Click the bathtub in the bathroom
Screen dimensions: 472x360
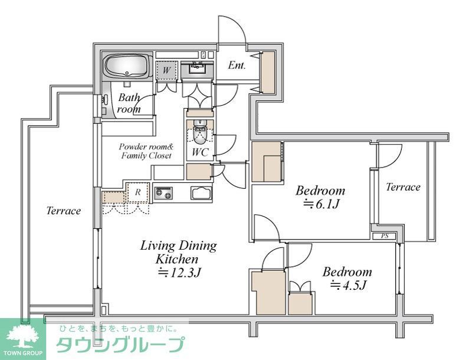coord(127,66)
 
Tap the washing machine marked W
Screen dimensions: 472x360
coord(166,71)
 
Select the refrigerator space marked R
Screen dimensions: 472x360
coord(138,192)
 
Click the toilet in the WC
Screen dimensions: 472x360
coord(199,133)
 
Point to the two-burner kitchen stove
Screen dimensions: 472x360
coord(163,193)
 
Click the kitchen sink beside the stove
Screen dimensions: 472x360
coord(201,193)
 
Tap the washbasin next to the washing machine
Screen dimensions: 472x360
coord(197,68)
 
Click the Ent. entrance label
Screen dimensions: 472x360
coord(237,66)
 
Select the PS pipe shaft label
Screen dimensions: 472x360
coord(385,236)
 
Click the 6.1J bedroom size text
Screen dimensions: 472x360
coord(321,204)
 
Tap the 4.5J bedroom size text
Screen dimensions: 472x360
coord(348,284)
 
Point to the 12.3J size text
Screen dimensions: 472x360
coord(179,273)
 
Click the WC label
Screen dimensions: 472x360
coord(200,152)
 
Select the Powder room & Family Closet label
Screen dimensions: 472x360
coord(146,151)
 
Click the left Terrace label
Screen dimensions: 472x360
coord(64,211)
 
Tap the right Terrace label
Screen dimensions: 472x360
coord(403,187)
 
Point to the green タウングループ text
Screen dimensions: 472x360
coord(120,345)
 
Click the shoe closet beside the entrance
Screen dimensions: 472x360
coord(268,72)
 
